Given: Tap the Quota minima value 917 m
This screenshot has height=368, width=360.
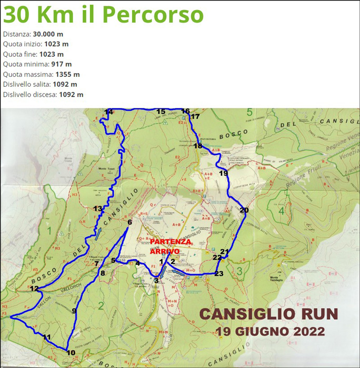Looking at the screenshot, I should click(62, 64).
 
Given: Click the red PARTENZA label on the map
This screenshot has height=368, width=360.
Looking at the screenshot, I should click(171, 242).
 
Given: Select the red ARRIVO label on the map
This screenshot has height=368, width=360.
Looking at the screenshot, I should click(165, 251).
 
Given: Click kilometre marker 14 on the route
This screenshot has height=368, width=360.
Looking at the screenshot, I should click(109, 111).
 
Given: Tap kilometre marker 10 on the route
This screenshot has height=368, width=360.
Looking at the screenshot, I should click(71, 352).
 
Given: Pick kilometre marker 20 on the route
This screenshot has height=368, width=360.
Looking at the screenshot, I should click(244, 210).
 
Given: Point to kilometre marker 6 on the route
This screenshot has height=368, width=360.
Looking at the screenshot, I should click(129, 222).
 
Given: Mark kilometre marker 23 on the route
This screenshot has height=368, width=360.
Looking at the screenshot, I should click(219, 273).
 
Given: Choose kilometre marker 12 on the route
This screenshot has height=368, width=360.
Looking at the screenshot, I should click(34, 288).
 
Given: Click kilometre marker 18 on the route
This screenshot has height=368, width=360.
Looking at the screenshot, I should click(198, 146).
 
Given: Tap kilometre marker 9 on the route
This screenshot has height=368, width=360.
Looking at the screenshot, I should click(74, 311).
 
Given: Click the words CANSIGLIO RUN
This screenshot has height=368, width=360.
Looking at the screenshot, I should click(268, 314).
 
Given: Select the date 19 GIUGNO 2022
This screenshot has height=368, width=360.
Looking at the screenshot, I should click(270, 332).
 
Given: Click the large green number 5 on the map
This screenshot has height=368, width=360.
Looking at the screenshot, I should click(249, 112).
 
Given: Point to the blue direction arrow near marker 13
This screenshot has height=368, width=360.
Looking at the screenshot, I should click(98, 234).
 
